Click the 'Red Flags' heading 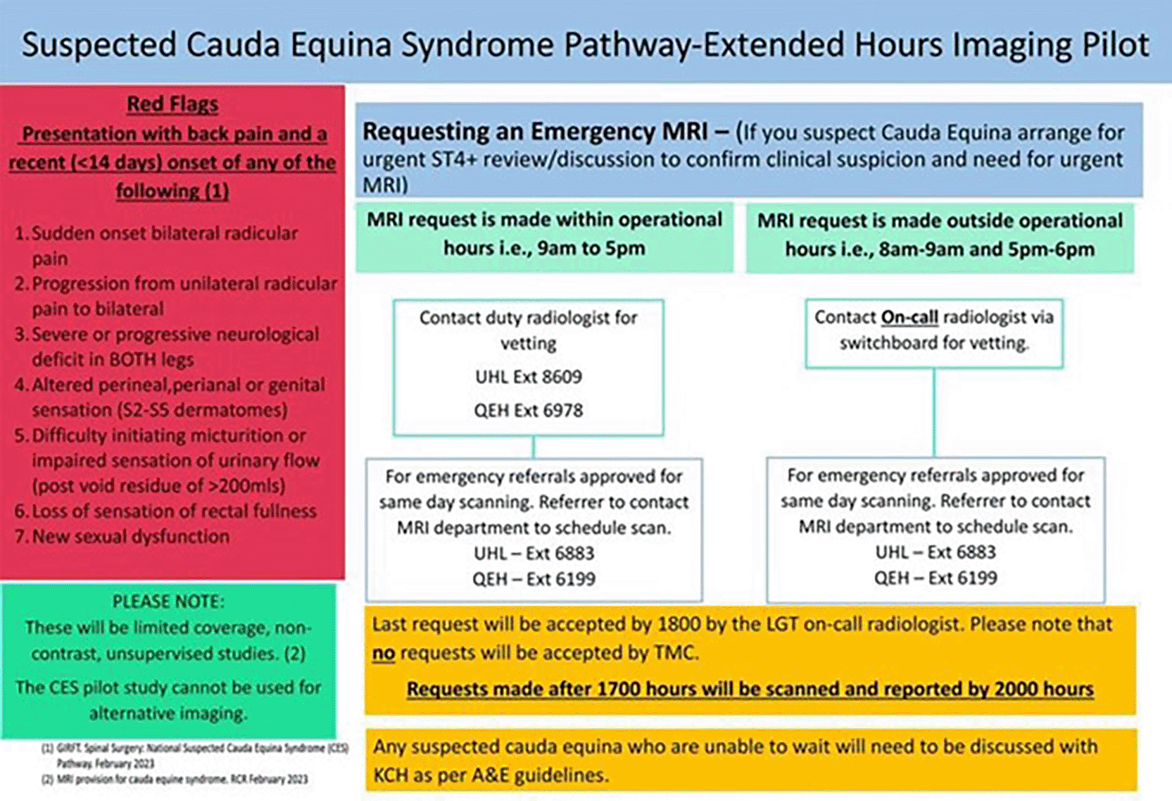tap(172, 104)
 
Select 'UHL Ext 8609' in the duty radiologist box tap(529, 376)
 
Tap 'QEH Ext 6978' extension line tap(529, 410)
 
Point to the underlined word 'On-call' tap(909, 317)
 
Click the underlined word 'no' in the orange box tap(384, 653)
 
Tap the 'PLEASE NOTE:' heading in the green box tap(168, 602)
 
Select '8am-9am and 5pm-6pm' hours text tap(987, 249)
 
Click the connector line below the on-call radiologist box tap(934, 413)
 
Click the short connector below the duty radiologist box tap(533, 447)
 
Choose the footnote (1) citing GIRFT tap(195, 755)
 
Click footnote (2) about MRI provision tap(175, 780)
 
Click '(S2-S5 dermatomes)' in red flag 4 tap(160, 410)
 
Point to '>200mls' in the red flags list tap(248, 486)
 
